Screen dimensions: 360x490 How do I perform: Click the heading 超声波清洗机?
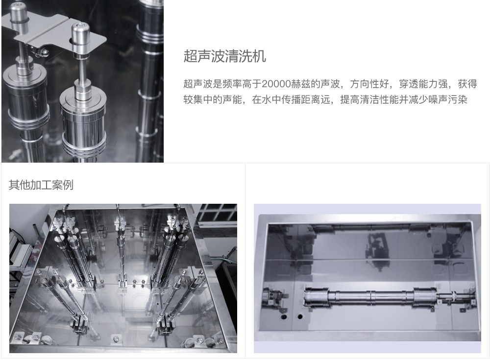coord(224,56)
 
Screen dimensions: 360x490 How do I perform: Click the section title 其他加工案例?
coord(41,185)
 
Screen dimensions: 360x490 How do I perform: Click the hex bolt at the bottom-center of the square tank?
coord(116,338)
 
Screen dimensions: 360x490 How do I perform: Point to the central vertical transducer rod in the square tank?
coord(119,245)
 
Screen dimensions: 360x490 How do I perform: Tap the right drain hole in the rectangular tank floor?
coord(300,316)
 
